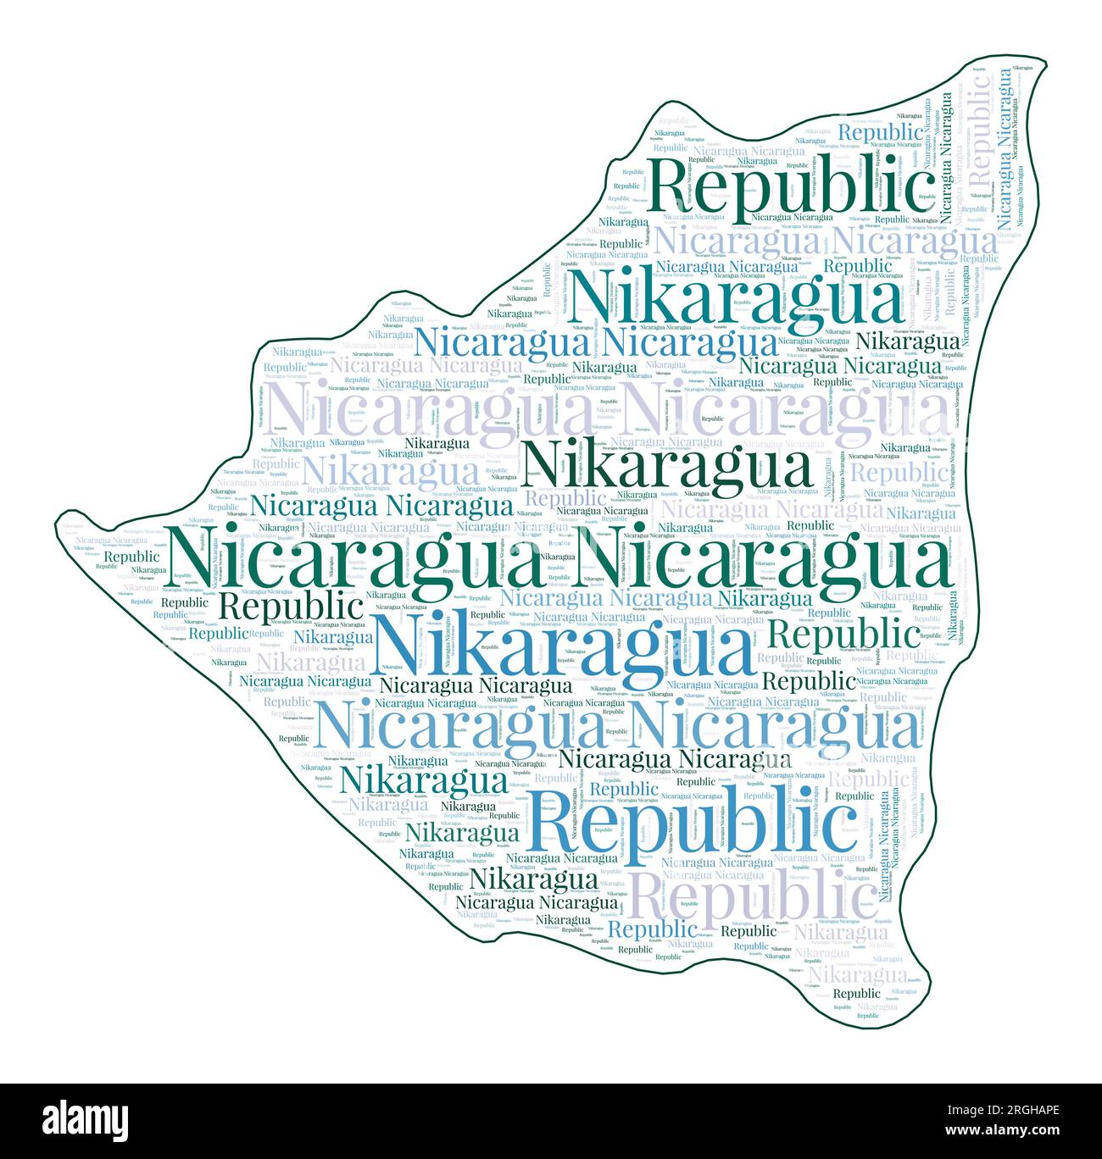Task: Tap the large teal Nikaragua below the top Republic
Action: point(737,297)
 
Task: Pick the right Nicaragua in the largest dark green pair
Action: point(760,559)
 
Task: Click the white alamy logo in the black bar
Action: point(86,1121)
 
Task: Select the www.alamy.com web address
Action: point(1014,1132)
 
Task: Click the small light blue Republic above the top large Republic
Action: point(880,132)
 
